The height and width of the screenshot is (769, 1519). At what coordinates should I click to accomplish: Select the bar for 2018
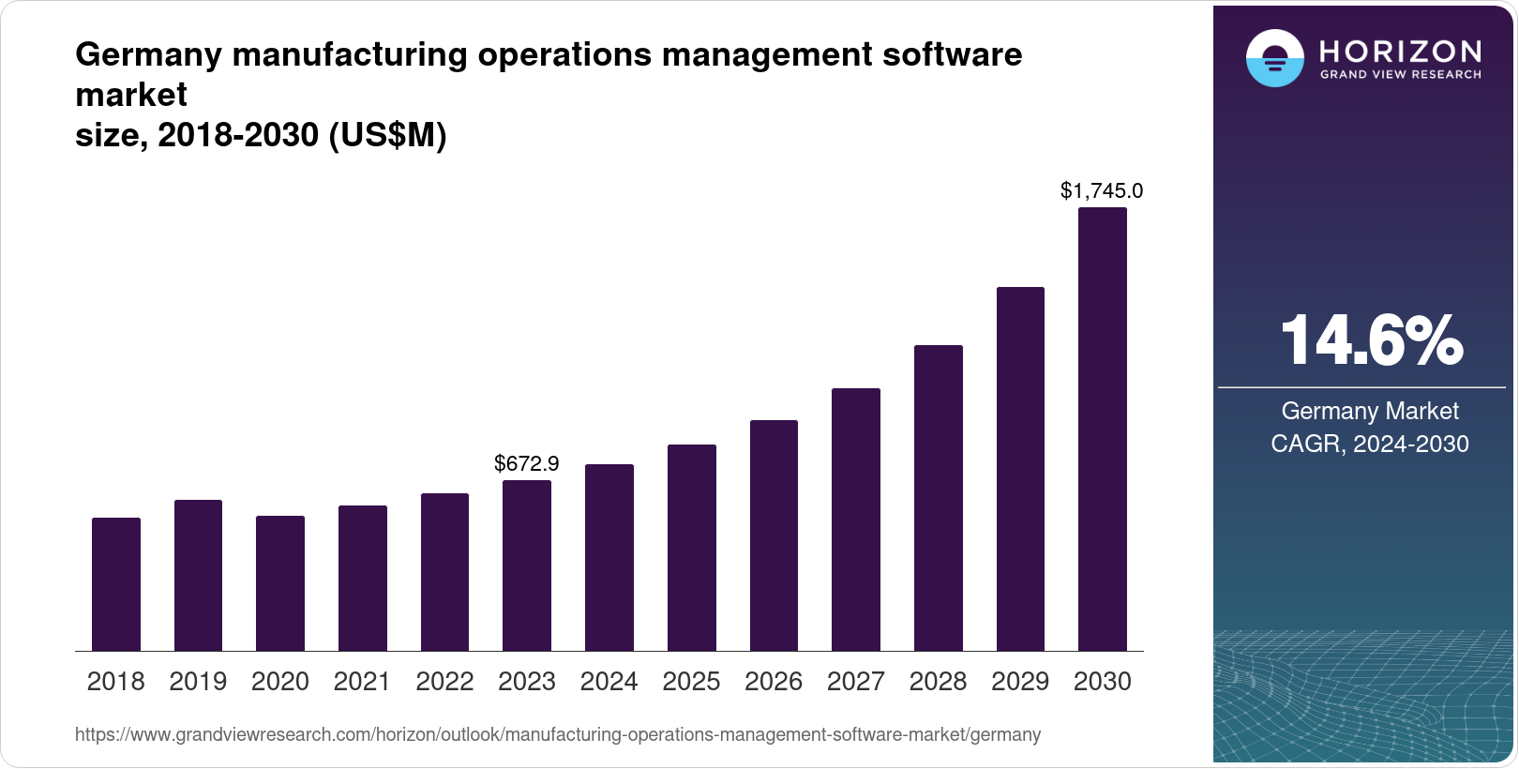coord(116,584)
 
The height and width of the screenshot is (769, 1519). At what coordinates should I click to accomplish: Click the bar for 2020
coord(280,583)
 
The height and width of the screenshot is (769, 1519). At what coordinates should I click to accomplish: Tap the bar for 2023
coord(527,565)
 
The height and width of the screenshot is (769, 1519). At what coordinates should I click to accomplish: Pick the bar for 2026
coord(774,535)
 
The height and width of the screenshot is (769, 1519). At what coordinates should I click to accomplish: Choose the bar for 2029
coord(1020,469)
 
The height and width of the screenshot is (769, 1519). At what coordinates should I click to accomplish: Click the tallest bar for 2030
coord(1103,430)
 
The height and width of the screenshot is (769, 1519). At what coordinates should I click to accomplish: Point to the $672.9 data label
coord(527,463)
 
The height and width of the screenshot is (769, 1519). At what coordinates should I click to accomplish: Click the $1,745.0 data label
coord(1102,190)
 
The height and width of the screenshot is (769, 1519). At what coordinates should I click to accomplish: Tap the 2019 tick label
coord(198,682)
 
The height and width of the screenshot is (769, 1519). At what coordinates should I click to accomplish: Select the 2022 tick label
coord(444,682)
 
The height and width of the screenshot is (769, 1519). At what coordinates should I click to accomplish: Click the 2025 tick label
coord(691,682)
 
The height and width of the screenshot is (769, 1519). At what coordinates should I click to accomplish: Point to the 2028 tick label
coord(938,682)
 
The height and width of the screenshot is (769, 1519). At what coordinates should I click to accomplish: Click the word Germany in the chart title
coord(148,55)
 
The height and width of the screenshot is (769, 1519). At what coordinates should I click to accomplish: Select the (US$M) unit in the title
coord(387,136)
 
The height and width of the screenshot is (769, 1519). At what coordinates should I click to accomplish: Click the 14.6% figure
coord(1371,340)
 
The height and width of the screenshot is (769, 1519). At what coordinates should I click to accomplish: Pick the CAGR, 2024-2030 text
coord(1370,444)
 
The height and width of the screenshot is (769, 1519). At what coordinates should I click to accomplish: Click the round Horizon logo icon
coord(1274,58)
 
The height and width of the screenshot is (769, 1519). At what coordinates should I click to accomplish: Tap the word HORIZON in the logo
coord(1401,51)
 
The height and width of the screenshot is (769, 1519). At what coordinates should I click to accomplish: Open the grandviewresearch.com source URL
coord(558,735)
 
